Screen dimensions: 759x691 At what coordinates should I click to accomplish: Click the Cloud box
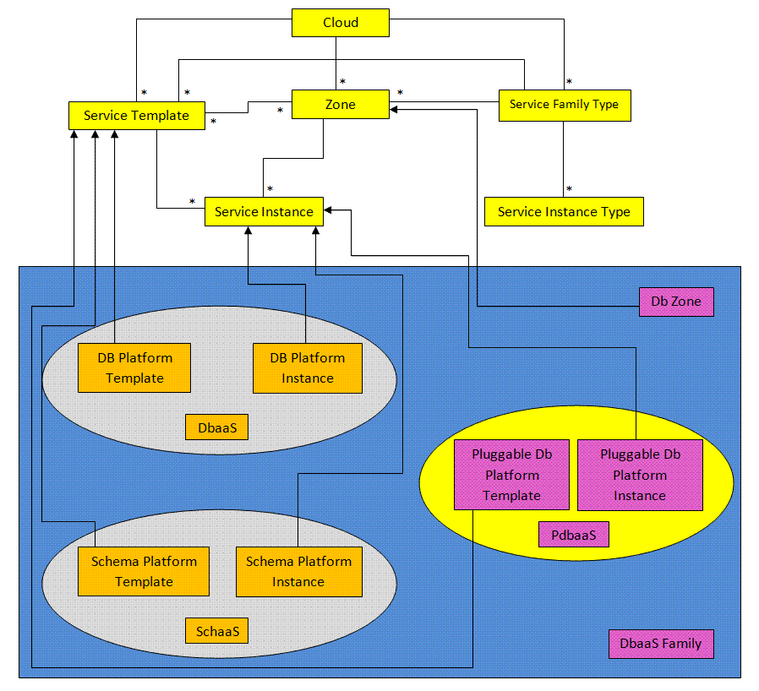pyautogui.click(x=341, y=23)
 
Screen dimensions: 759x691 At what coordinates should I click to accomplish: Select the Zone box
pyautogui.click(x=341, y=104)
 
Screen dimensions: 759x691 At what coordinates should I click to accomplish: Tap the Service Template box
pyautogui.click(x=137, y=116)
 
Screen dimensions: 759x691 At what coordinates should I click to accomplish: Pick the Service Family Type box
pyautogui.click(x=565, y=105)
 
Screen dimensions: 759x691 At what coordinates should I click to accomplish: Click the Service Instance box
pyautogui.click(x=264, y=211)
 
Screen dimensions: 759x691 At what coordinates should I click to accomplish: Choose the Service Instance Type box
pyautogui.click(x=564, y=211)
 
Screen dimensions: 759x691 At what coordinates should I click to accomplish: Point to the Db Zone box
pyautogui.click(x=676, y=302)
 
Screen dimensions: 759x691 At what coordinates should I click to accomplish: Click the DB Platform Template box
pyautogui.click(x=134, y=367)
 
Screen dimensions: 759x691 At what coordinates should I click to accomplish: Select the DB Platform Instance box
pyautogui.click(x=308, y=368)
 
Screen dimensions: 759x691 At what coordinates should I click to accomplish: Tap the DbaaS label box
pyautogui.click(x=217, y=427)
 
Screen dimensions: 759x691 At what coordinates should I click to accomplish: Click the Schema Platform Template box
pyautogui.click(x=144, y=572)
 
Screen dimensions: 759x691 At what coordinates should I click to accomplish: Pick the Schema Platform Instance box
pyautogui.click(x=299, y=572)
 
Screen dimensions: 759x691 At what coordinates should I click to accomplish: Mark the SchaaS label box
pyautogui.click(x=217, y=631)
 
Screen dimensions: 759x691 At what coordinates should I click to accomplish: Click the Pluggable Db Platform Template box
pyautogui.click(x=511, y=475)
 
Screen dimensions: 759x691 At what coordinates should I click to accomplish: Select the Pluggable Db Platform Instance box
pyautogui.click(x=640, y=476)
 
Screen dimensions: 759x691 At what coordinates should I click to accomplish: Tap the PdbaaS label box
pyautogui.click(x=574, y=535)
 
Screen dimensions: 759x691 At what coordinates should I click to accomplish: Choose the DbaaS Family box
pyautogui.click(x=661, y=644)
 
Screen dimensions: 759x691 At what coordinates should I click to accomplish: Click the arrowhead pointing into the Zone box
pyautogui.click(x=394, y=109)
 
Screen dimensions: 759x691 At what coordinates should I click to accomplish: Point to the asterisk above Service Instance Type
pyautogui.click(x=570, y=189)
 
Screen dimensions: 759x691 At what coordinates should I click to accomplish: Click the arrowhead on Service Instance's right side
pyautogui.click(x=328, y=210)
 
